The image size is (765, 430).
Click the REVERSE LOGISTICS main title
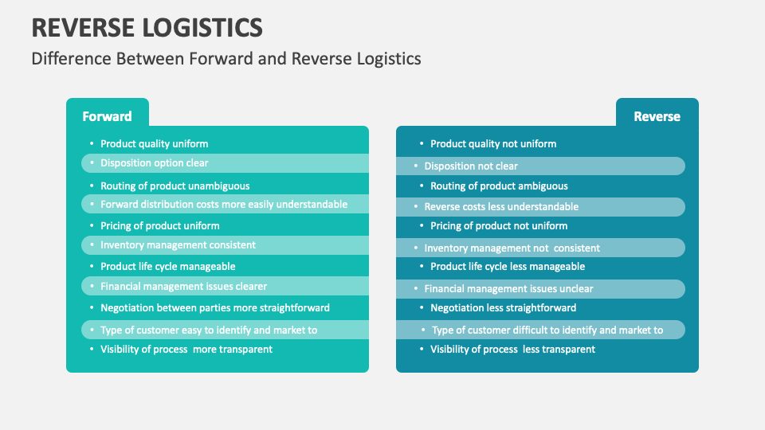[x=147, y=27]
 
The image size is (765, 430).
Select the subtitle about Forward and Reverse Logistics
[x=226, y=59]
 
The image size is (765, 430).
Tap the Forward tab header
[x=107, y=116]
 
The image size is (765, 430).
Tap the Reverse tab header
[x=657, y=116]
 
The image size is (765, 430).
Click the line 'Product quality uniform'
[x=154, y=144]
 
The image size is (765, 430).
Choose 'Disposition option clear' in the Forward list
[x=154, y=163]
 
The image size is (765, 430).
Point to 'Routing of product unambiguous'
[x=175, y=186]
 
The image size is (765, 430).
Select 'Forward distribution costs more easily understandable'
[x=223, y=205]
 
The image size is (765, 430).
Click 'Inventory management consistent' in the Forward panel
[x=178, y=245]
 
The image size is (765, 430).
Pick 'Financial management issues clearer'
[x=183, y=287]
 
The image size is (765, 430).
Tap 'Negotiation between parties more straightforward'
[x=214, y=307]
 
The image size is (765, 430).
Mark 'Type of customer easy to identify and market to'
[x=208, y=330]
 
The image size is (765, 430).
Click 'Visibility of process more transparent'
[x=186, y=349]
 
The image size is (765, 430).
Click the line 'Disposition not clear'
[x=470, y=166]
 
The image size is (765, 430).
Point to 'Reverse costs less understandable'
[x=501, y=207]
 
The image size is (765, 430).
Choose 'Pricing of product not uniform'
[x=499, y=226]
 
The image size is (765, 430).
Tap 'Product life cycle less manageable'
[x=508, y=267]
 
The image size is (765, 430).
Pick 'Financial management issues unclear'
[x=508, y=289]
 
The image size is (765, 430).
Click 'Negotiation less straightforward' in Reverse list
[x=503, y=308]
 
